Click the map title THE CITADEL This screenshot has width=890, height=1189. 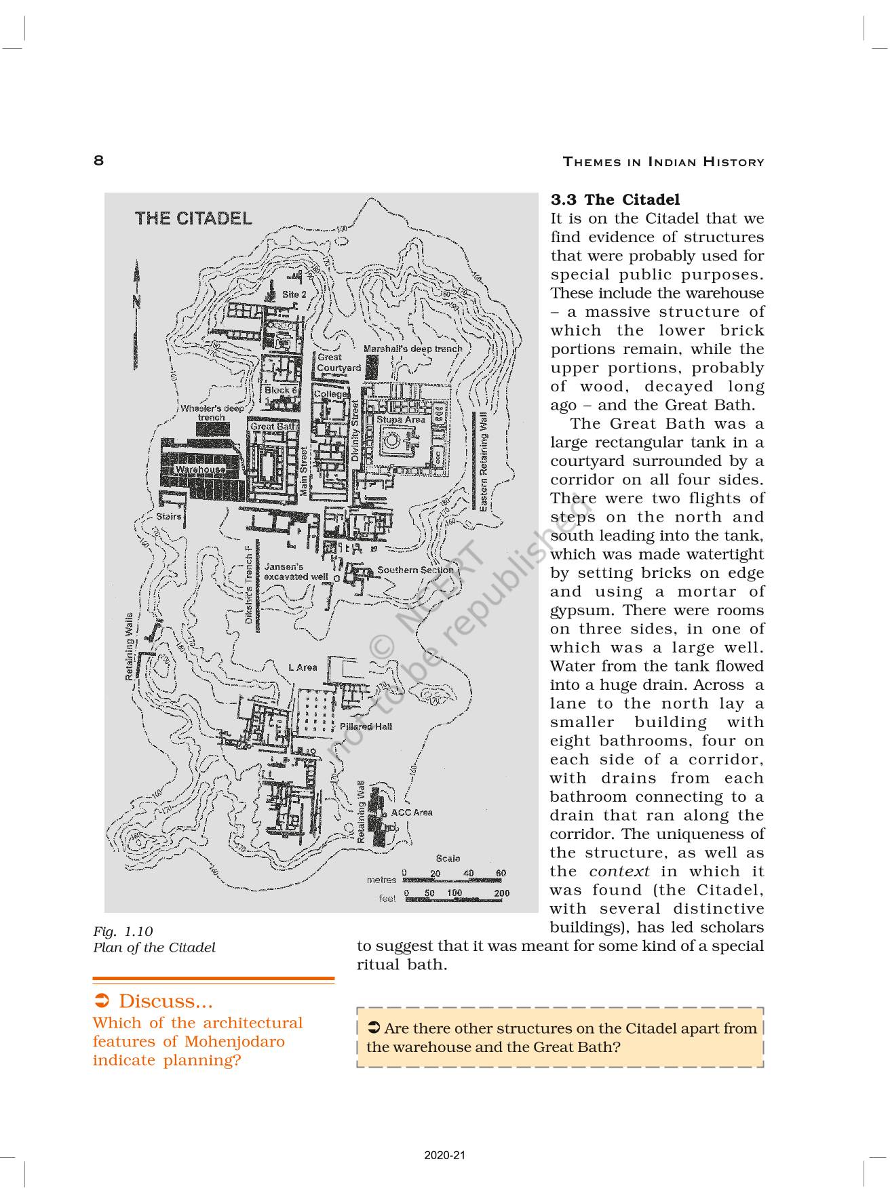[x=193, y=218]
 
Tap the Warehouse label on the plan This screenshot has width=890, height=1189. [x=200, y=469]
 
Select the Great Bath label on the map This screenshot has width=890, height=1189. [x=273, y=427]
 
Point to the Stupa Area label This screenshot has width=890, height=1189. [x=401, y=420]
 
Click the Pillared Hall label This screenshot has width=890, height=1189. [x=366, y=726]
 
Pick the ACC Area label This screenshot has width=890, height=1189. [x=412, y=813]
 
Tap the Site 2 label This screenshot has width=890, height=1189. [x=294, y=294]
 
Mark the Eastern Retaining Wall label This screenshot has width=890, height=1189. [x=483, y=461]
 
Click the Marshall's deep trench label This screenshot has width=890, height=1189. [x=412, y=349]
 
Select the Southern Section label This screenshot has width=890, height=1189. [x=415, y=570]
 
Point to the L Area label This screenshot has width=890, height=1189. [x=303, y=667]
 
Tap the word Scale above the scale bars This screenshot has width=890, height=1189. [x=448, y=859]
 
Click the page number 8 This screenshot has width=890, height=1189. [x=99, y=161]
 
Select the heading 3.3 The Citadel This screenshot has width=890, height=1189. [x=615, y=199]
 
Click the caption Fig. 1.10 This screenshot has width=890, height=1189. [x=123, y=932]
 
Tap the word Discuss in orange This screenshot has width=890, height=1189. [x=165, y=1001]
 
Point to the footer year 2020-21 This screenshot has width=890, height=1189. [x=444, y=1156]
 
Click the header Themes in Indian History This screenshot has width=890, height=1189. [x=663, y=162]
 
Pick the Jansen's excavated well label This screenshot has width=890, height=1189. [x=296, y=572]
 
